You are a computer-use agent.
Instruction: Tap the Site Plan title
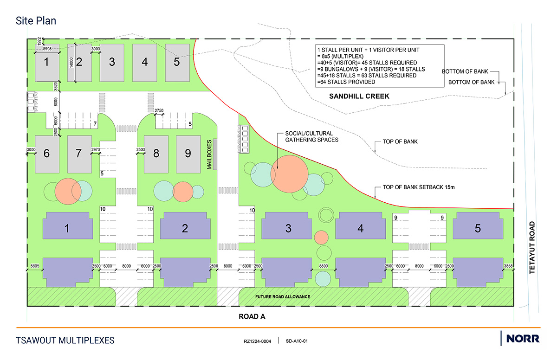[36, 20]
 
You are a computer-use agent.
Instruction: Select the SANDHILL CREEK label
[359, 96]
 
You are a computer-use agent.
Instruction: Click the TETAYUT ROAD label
[532, 248]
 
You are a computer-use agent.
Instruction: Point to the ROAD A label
[252, 316]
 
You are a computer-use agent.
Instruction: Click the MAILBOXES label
[209, 154]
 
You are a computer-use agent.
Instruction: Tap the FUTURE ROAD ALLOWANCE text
[283, 296]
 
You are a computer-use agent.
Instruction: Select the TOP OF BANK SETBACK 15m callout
[419, 187]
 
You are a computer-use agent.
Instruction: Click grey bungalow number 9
[188, 154]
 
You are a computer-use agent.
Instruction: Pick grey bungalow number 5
[177, 63]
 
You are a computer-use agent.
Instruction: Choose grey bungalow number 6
[47, 154]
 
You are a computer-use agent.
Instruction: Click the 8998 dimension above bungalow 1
[47, 49]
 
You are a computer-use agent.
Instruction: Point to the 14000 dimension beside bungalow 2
[71, 63]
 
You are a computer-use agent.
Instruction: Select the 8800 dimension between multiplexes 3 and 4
[323, 266]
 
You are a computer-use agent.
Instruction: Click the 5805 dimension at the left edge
[35, 266]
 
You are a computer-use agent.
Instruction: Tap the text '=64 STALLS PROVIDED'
[346, 82]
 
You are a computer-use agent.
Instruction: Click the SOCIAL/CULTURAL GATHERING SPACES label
[311, 137]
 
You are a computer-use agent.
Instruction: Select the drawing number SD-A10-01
[297, 341]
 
